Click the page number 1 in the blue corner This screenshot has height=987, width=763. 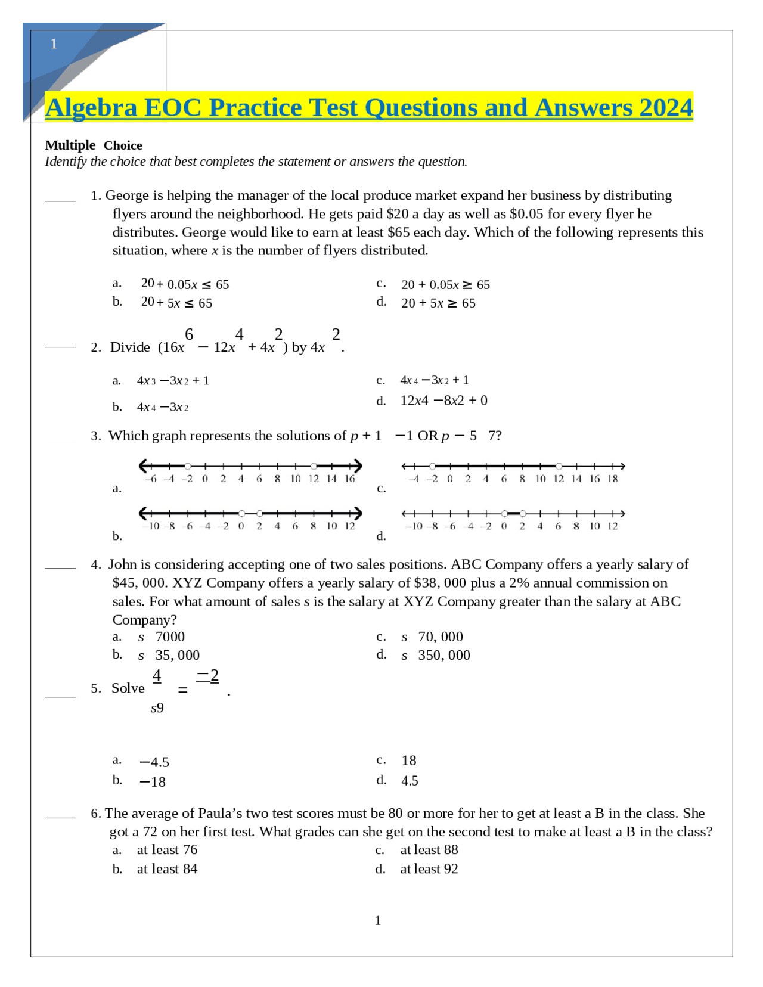(54, 44)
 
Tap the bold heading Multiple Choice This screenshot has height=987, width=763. (94, 145)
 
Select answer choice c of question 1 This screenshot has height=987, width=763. (445, 285)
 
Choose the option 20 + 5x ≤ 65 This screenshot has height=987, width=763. (176, 303)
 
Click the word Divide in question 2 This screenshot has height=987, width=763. (130, 347)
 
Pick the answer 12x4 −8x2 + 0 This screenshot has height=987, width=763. (443, 401)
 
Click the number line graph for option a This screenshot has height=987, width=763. (250, 470)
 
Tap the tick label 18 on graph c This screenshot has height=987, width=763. (612, 479)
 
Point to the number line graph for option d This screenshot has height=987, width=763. (513, 518)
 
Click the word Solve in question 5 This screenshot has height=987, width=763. (128, 688)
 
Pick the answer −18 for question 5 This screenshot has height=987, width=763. (153, 782)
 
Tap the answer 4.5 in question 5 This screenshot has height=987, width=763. (410, 781)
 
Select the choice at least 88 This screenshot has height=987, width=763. (429, 850)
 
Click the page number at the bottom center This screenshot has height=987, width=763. (378, 921)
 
